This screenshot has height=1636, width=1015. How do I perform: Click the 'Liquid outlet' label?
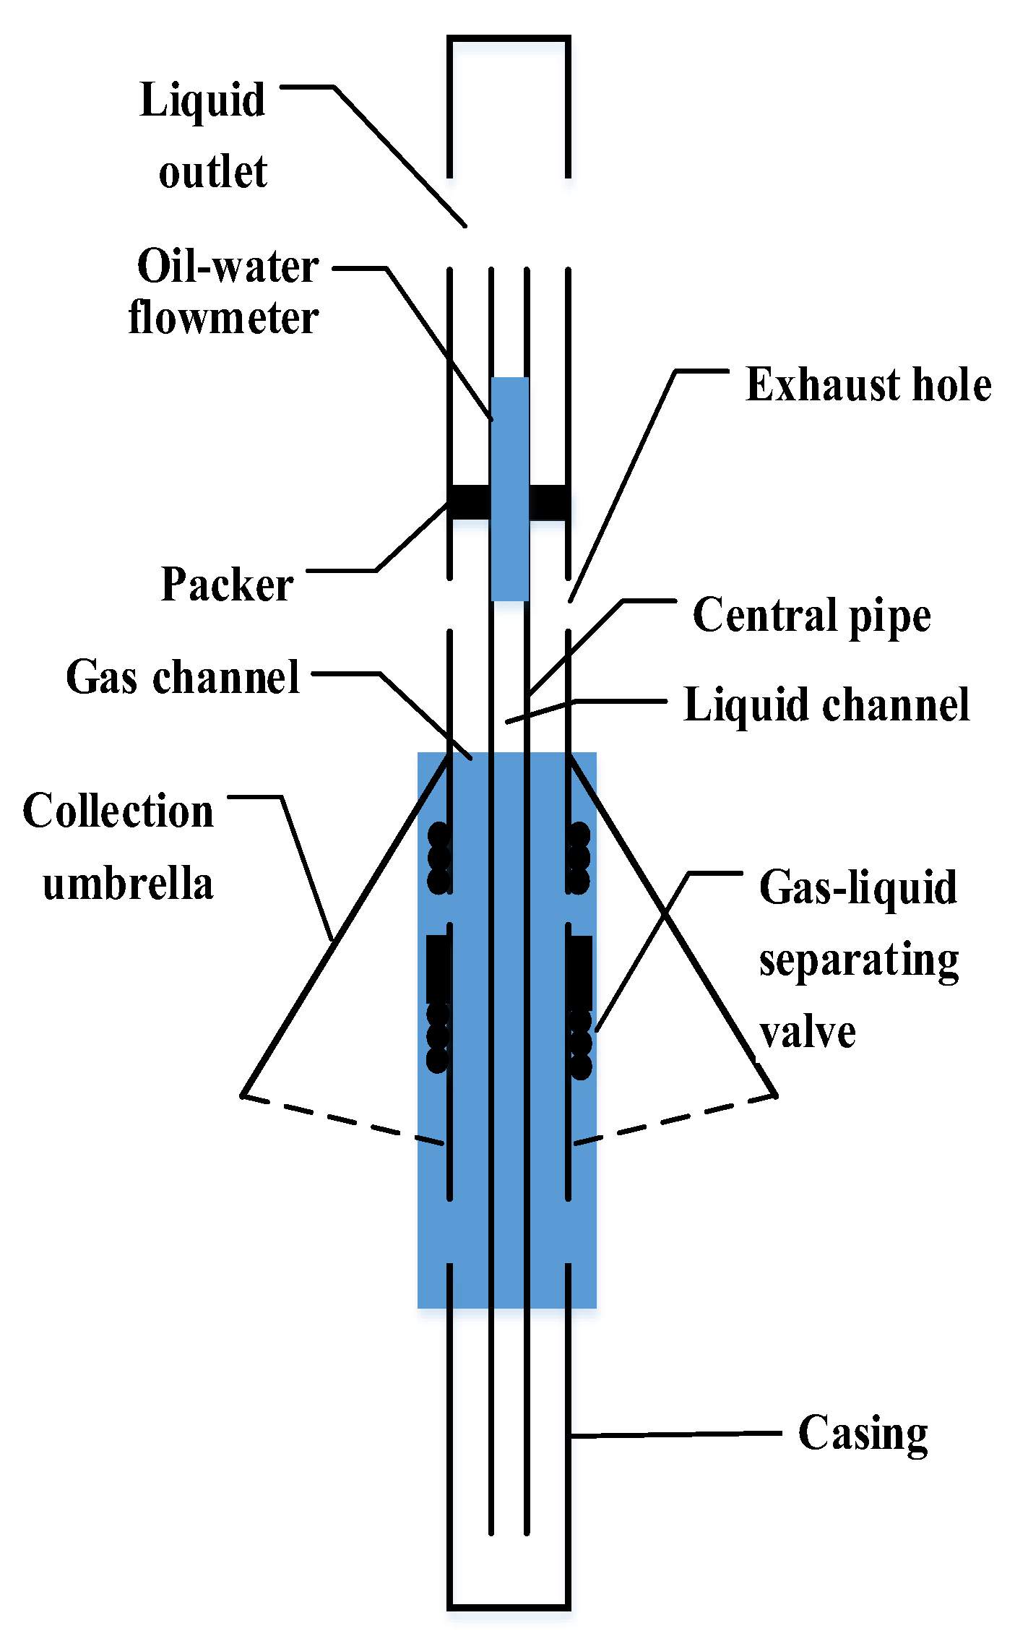tap(204, 135)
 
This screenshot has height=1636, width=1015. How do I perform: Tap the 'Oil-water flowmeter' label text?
tap(224, 292)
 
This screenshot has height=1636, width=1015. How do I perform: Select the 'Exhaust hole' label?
tap(868, 384)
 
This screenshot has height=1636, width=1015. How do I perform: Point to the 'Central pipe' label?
tap(811, 616)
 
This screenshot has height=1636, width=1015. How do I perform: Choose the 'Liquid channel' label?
tap(826, 705)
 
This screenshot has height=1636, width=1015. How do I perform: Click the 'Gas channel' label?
tap(183, 678)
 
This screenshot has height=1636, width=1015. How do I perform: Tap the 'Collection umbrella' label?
tap(119, 846)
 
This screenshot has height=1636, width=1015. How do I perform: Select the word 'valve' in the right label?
tap(807, 1032)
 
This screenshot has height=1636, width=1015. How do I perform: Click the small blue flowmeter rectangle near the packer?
tap(509, 434)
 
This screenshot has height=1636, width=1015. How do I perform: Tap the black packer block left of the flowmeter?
tap(470, 501)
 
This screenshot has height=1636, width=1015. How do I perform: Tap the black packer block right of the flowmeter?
tap(548, 501)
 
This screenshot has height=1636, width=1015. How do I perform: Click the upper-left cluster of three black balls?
tap(439, 858)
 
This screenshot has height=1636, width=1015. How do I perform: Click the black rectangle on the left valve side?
tap(437, 968)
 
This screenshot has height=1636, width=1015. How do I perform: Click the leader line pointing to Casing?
tap(675, 1434)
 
